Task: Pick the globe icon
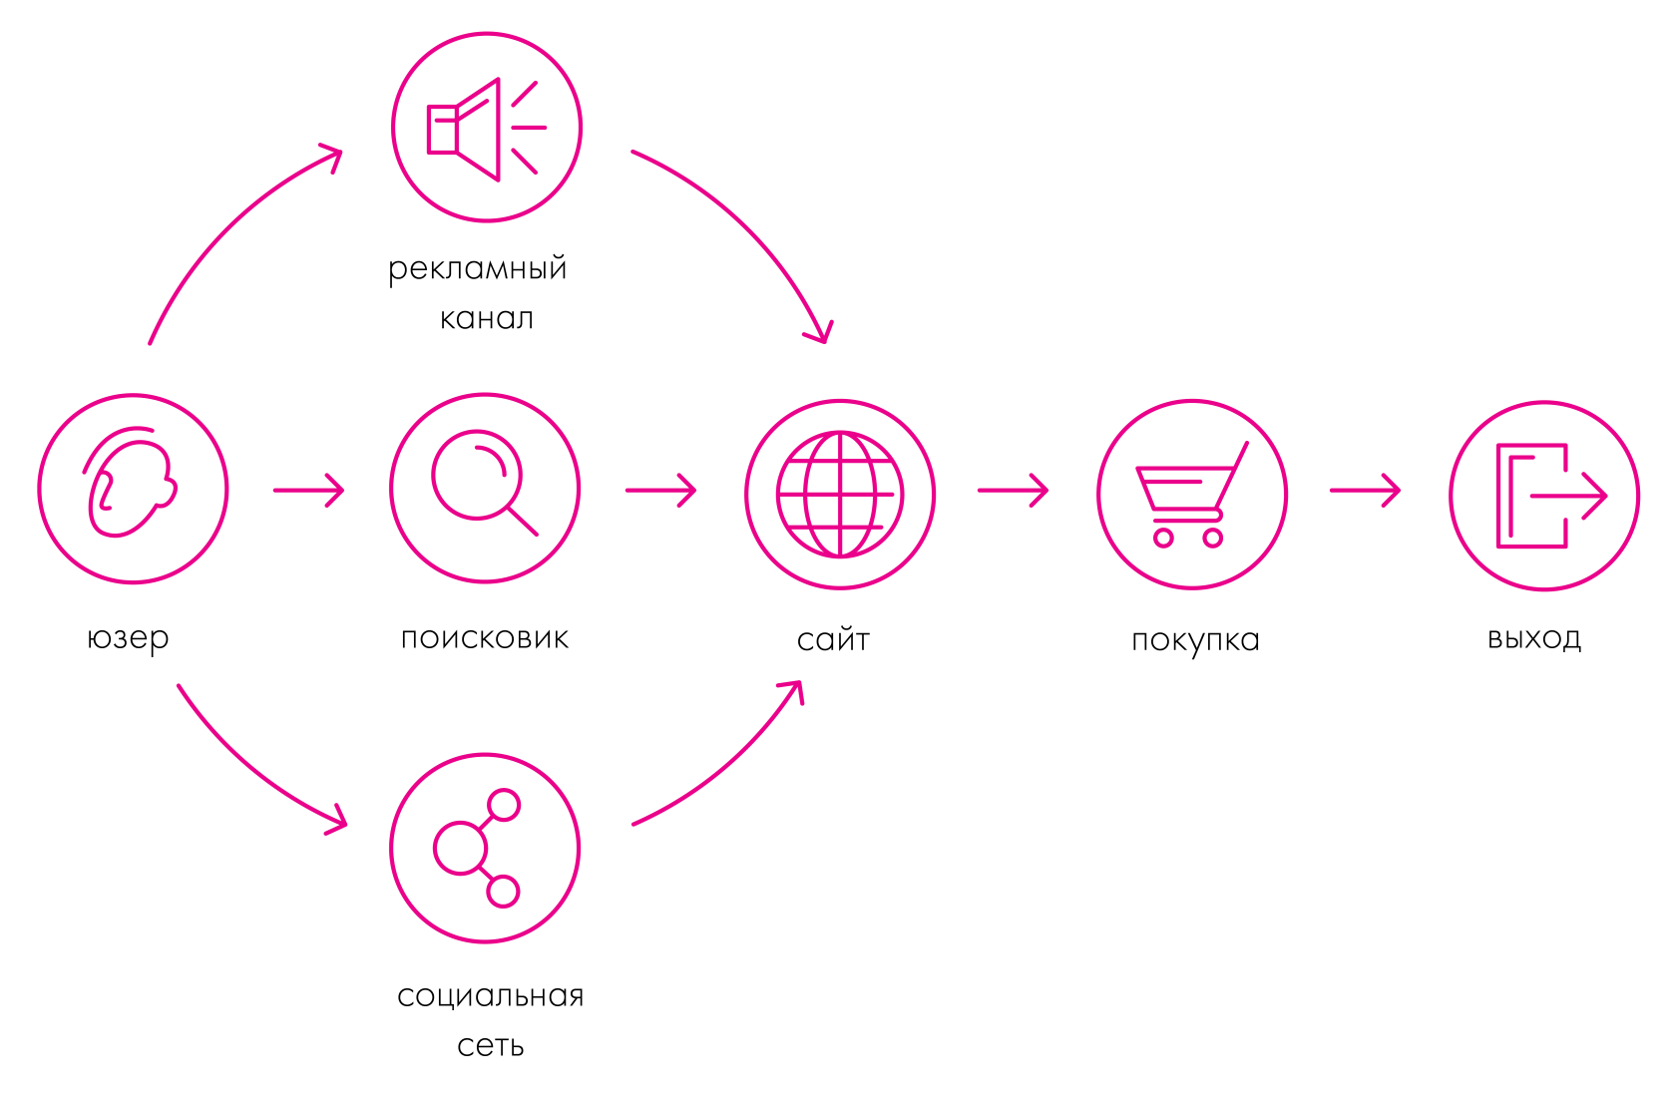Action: click(840, 494)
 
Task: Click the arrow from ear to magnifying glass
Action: click(309, 490)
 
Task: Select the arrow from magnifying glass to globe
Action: click(661, 490)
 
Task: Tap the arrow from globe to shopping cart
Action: click(1014, 490)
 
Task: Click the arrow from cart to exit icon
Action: click(1366, 490)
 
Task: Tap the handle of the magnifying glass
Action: click(523, 521)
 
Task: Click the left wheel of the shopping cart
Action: click(1163, 538)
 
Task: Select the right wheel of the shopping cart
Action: click(1213, 538)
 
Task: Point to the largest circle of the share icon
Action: click(460, 848)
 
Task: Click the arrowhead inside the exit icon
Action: click(1594, 496)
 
